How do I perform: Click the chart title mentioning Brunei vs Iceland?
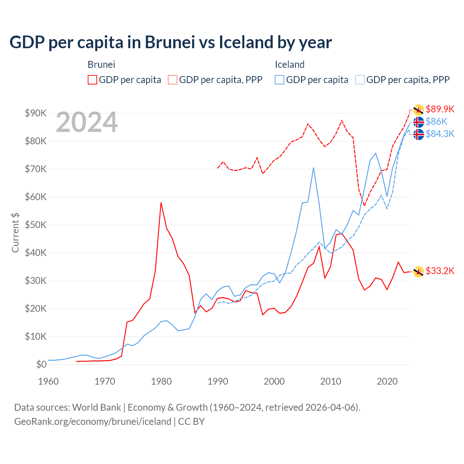pos(170,42)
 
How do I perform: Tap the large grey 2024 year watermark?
pos(87,122)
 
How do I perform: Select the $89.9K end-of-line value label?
pos(440,109)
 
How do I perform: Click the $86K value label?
pos(436,121)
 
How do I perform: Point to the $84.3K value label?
pos(440,134)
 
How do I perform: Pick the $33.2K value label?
pos(440,271)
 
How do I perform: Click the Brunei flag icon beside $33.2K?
pos(419,272)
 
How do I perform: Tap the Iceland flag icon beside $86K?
pos(419,122)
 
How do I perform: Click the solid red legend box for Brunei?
pos(92,80)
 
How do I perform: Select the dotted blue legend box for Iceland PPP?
pos(360,80)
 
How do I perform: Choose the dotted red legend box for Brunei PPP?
pos(173,80)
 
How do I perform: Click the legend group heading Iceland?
pos(289,65)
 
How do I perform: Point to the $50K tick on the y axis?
pos(36,225)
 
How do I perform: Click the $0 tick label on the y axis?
pos(41,364)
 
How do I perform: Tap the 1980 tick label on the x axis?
pos(161,381)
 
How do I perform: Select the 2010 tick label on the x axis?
pos(331,381)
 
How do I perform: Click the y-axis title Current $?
pos(15,232)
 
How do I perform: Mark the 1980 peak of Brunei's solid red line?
pos(161,203)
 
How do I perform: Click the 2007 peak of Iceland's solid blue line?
pos(313,168)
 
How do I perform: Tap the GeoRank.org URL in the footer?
pos(92,422)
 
